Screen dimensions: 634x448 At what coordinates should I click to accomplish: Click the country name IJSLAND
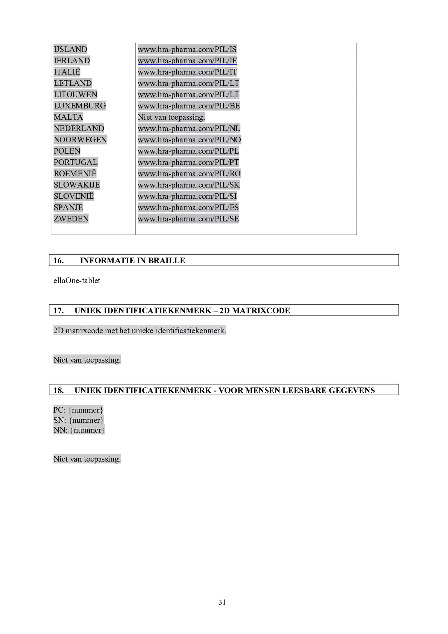click(70, 49)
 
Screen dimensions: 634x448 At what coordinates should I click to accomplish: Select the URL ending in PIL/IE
click(187, 61)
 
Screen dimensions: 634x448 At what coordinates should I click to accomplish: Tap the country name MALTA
click(68, 117)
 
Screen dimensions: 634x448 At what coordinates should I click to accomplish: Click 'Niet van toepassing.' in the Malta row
click(171, 117)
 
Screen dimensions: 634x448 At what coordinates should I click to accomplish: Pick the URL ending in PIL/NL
click(189, 128)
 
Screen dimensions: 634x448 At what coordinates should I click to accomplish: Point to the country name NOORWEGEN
click(80, 140)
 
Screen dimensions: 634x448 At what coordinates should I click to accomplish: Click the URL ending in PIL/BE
click(189, 106)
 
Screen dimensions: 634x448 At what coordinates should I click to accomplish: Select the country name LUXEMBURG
click(80, 106)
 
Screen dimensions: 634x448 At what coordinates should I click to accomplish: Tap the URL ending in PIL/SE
click(188, 219)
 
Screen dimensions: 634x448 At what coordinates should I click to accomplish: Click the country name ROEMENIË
click(75, 174)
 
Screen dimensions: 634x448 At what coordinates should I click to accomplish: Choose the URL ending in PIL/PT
click(188, 162)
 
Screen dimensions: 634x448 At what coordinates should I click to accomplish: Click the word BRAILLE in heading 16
click(166, 261)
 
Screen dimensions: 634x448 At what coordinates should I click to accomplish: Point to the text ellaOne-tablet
click(77, 281)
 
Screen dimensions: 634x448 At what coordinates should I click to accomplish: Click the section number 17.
click(58, 310)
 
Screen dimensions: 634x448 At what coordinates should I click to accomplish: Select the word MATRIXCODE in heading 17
click(261, 310)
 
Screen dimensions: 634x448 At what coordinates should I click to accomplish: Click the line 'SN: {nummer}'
click(78, 420)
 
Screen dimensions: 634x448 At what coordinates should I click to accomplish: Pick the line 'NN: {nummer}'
click(79, 430)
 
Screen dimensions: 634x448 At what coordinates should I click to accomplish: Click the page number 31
click(222, 602)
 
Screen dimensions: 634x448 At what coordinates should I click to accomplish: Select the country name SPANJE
click(68, 207)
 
